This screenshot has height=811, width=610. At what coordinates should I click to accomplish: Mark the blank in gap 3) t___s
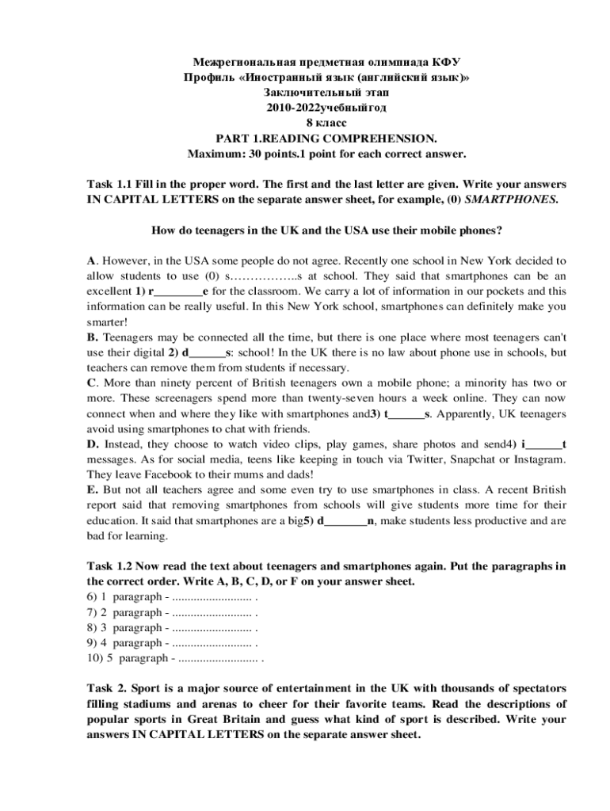point(406,413)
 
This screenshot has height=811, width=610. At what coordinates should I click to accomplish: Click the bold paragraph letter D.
point(92,444)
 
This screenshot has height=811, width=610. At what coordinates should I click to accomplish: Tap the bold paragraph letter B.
point(91,337)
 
